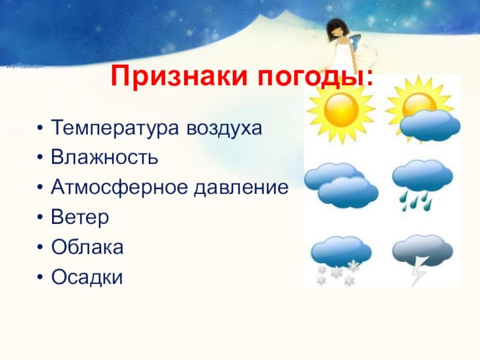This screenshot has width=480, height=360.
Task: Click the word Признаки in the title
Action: (x=179, y=76)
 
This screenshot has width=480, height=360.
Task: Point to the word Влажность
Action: (x=104, y=157)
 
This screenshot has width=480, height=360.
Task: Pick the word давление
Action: (x=241, y=187)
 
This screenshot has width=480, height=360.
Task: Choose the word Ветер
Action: (x=80, y=217)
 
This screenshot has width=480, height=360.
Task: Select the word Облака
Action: (x=88, y=247)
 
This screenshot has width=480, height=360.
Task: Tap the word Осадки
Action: (x=87, y=277)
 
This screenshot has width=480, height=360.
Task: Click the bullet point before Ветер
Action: (x=40, y=217)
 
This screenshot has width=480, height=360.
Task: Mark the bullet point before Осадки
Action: (x=40, y=277)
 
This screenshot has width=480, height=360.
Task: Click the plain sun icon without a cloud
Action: (x=341, y=109)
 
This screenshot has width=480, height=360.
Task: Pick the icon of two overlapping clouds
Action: (x=341, y=185)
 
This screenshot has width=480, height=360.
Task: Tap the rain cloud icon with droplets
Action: (x=422, y=184)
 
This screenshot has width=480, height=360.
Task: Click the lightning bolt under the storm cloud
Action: (x=418, y=271)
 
